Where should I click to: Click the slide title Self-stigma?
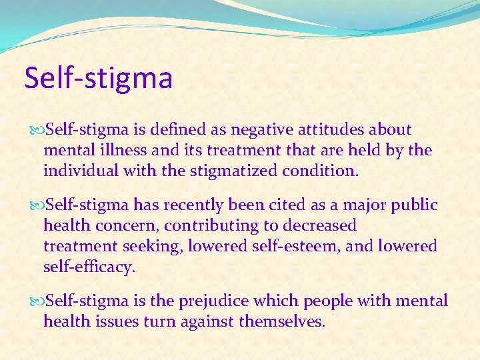99,78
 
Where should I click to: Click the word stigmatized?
227,171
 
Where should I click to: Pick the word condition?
320,171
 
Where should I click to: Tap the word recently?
193,205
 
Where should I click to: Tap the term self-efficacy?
88,267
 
